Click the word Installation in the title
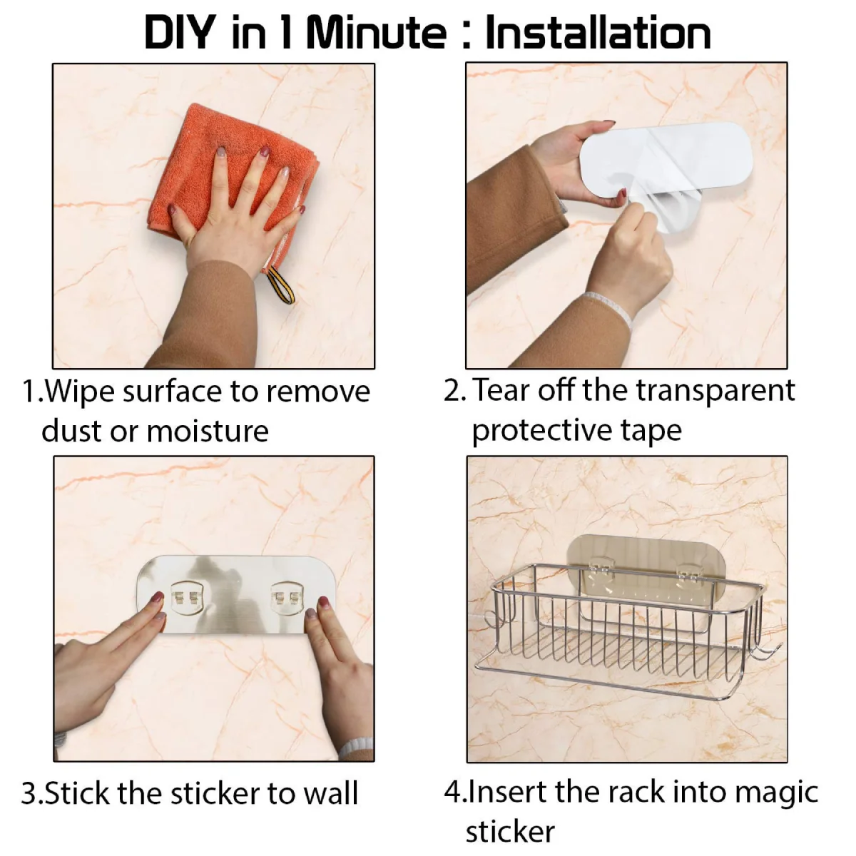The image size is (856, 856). pyautogui.click(x=598, y=32)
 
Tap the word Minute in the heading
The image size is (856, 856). pyautogui.click(x=377, y=32)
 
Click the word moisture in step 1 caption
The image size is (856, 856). pyautogui.click(x=208, y=432)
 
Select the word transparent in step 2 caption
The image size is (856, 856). pyautogui.click(x=715, y=391)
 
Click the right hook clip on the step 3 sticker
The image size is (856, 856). pyautogui.click(x=285, y=598)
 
